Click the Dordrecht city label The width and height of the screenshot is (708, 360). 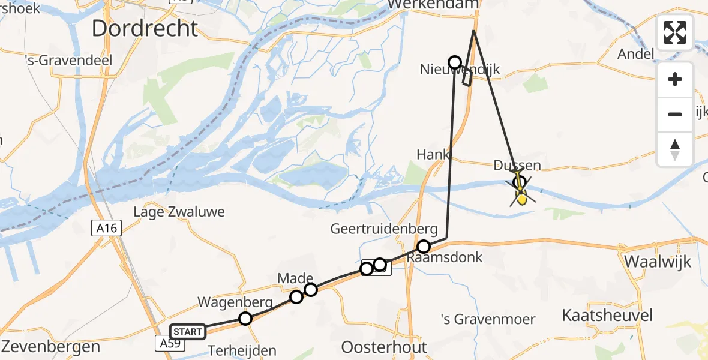pyautogui.click(x=145, y=29)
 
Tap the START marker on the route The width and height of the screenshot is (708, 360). pyautogui.click(x=188, y=331)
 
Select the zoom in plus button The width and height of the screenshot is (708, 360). pyautogui.click(x=675, y=79)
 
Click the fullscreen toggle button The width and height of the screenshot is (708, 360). pyautogui.click(x=675, y=32)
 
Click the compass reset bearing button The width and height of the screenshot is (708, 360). pyautogui.click(x=675, y=149)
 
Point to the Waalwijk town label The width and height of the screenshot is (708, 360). pyautogui.click(x=658, y=262)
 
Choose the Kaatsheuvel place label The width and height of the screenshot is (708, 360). pyautogui.click(x=607, y=315)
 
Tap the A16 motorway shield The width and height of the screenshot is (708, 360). pyautogui.click(x=107, y=228)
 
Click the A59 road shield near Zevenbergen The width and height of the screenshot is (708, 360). pyautogui.click(x=169, y=343)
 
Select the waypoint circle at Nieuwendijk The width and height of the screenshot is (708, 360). pyautogui.click(x=455, y=62)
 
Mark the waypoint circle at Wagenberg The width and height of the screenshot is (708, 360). pyautogui.click(x=245, y=319)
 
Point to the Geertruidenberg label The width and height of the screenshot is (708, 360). pyautogui.click(x=388, y=229)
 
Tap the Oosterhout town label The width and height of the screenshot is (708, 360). pyautogui.click(x=384, y=347)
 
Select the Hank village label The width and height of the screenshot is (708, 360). pyautogui.click(x=433, y=155)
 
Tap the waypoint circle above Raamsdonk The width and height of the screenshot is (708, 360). pyautogui.click(x=424, y=247)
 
